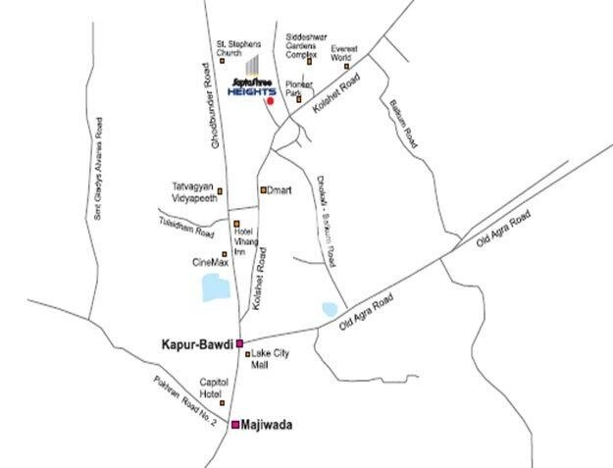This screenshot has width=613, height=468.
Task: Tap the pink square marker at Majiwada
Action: pos(235,425)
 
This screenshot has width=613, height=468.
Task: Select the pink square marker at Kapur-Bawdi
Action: pos(239,343)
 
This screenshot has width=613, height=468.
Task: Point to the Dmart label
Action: pos(281,189)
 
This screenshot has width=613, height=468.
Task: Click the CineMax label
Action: pos(211,263)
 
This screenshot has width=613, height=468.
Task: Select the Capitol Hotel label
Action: pos(214,388)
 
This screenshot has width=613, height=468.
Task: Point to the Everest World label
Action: pos(345,54)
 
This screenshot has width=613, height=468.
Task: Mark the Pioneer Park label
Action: pos(298,88)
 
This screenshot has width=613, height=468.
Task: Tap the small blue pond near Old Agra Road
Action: pos(329,309)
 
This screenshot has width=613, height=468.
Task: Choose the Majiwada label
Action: pos(268,426)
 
